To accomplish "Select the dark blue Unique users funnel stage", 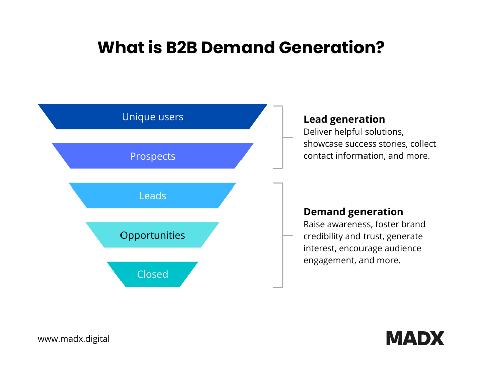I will [153, 117].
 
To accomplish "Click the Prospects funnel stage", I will [153, 156].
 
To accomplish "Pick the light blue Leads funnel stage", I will [153, 196].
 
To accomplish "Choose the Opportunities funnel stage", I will [153, 235].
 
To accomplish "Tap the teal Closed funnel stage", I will [153, 274].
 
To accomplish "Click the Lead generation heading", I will [344, 119].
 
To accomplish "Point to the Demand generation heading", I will [353, 212].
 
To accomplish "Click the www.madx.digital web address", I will [74, 339].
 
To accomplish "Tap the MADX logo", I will [415, 338].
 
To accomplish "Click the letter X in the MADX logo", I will [436, 338].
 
